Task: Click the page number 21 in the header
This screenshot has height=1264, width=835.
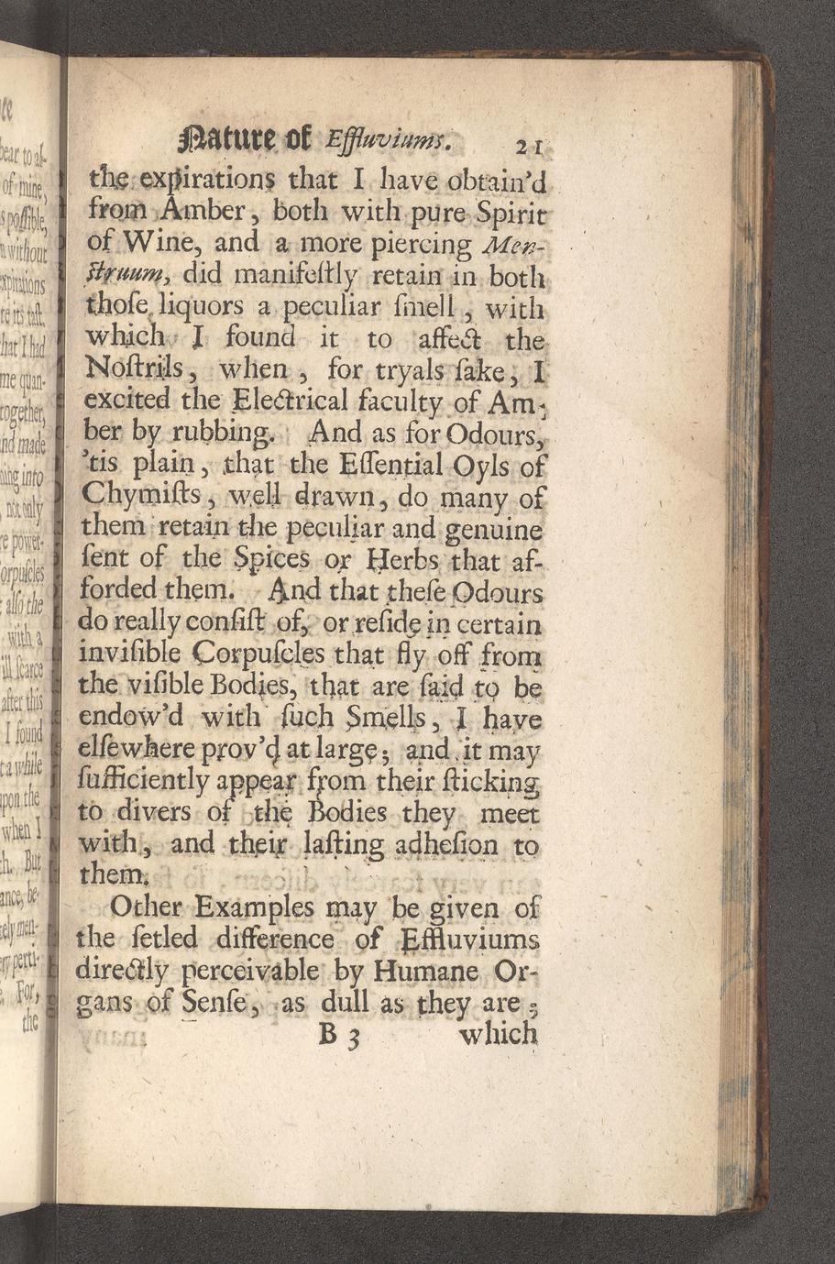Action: point(529,145)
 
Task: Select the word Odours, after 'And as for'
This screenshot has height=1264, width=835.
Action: point(499,432)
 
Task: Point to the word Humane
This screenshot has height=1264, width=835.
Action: point(429,971)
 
